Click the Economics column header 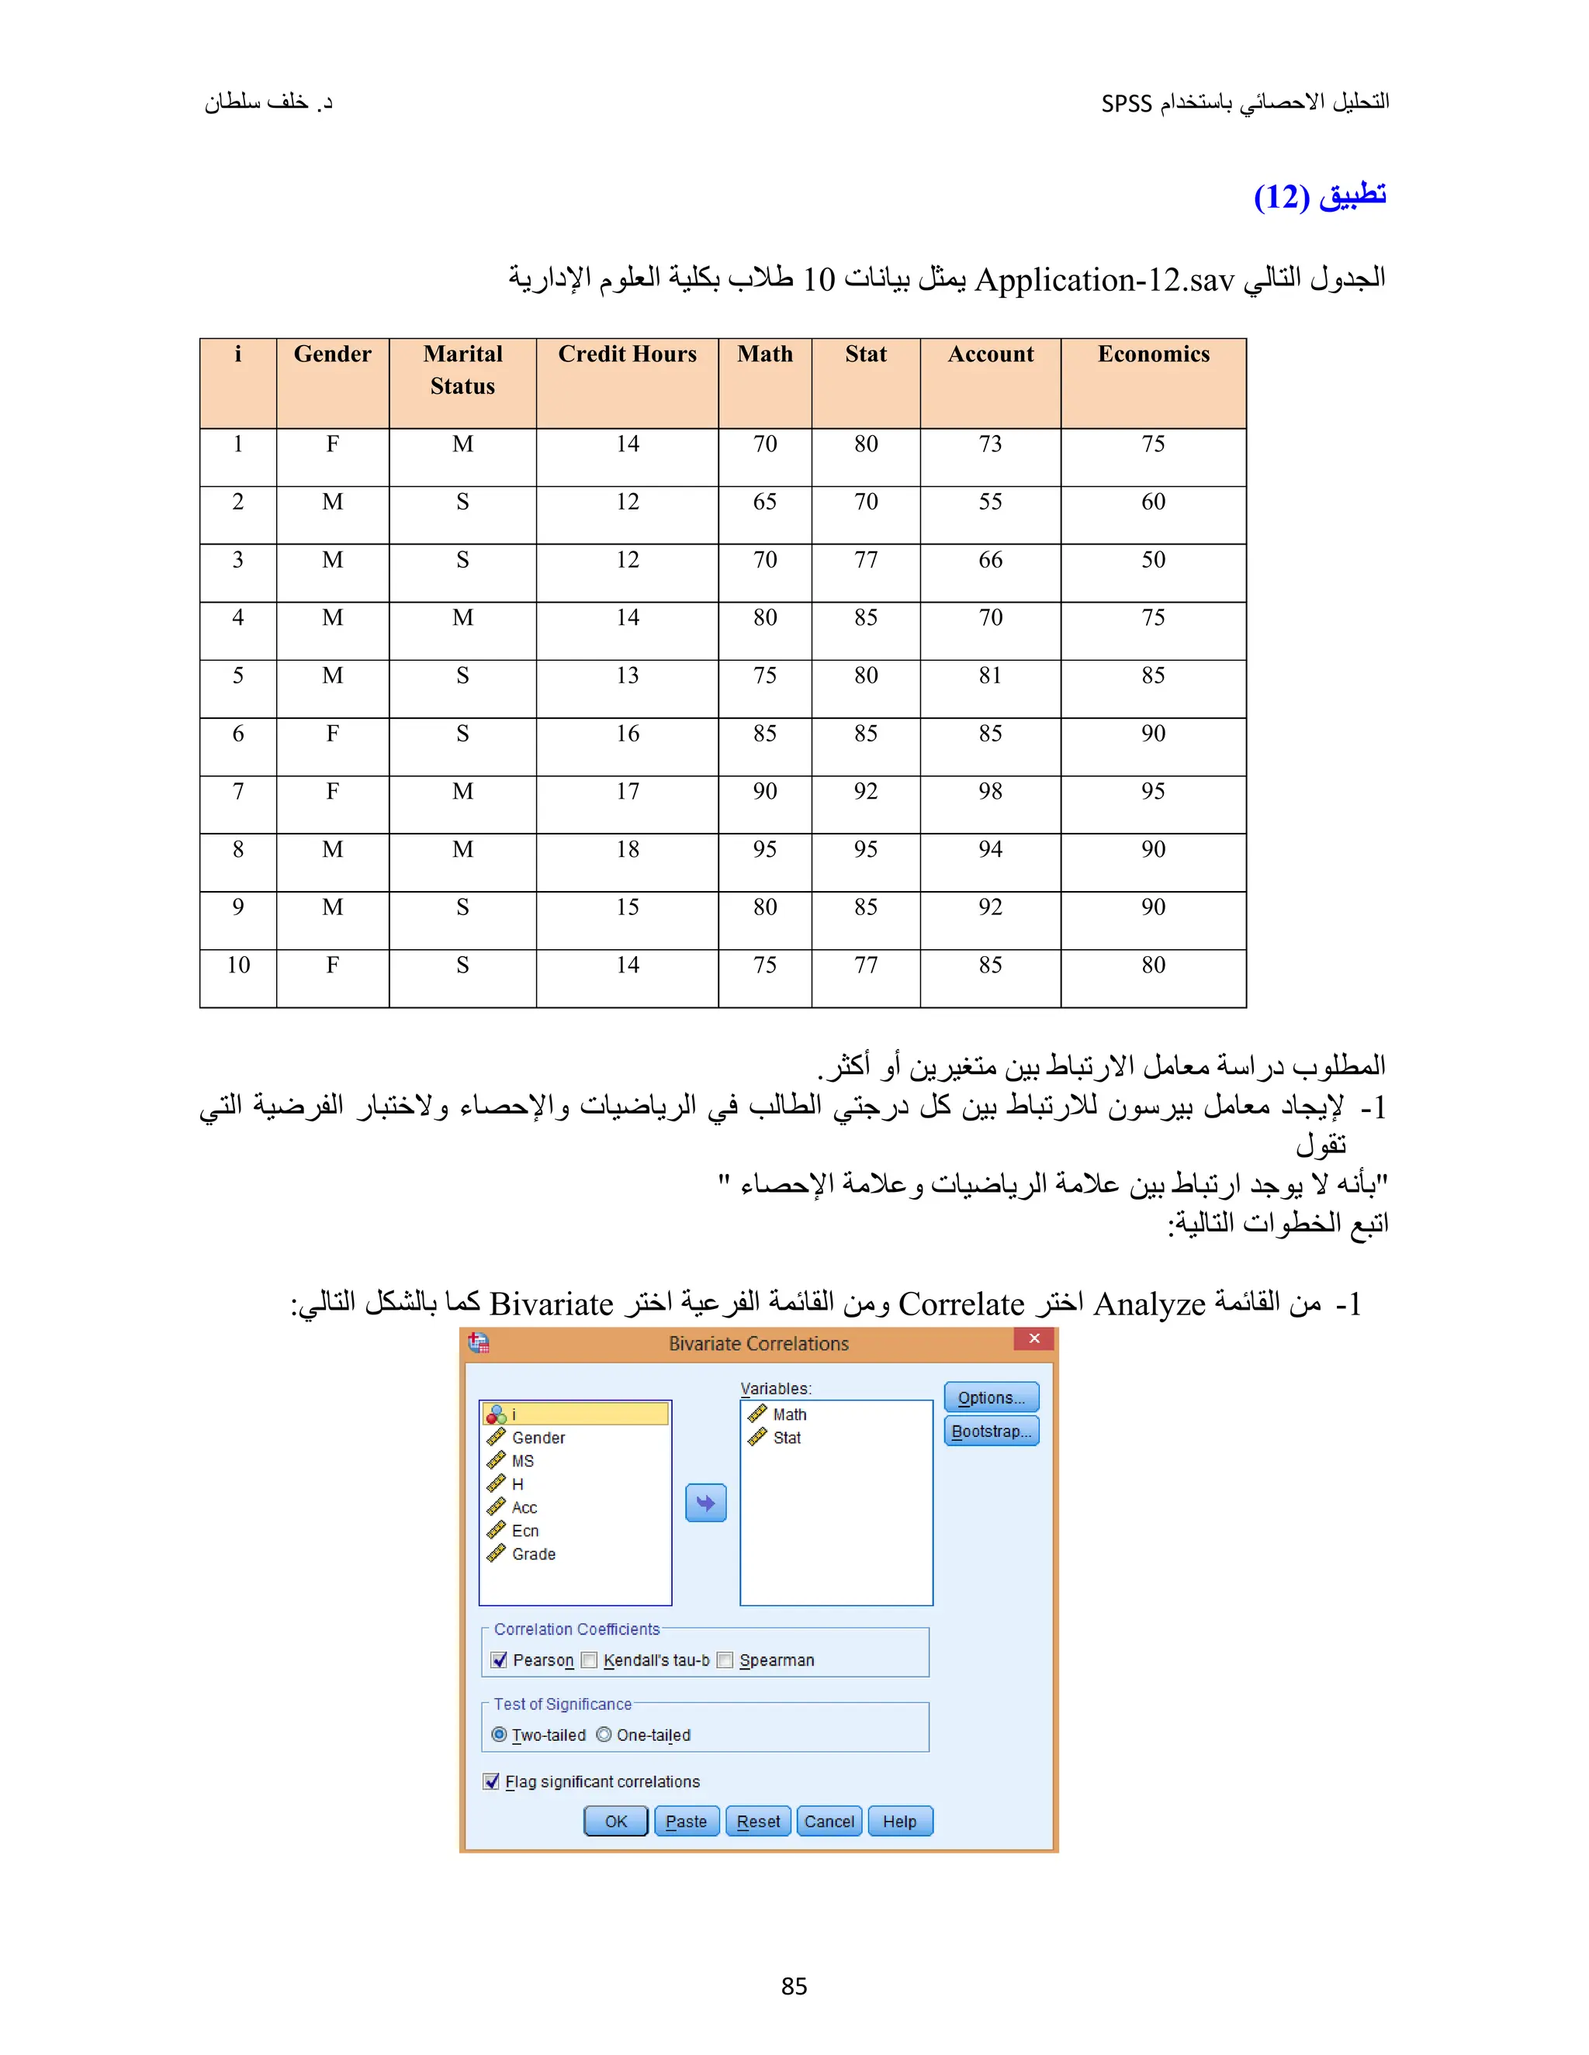pos(1153,354)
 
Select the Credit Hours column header pos(627,354)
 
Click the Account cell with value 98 pos(990,791)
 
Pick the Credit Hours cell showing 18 pos(627,850)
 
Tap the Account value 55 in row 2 pos(990,502)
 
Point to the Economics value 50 pos(1153,560)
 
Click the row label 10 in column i pos(238,965)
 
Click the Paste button pos(686,1822)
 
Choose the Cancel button pos(829,1822)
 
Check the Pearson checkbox pos(499,1660)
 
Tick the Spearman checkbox pos(725,1660)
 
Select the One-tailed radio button pos(604,1734)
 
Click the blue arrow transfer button pos(705,1503)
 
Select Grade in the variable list pos(534,1554)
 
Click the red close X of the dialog pos(1033,1339)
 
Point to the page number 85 pos(794,1985)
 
